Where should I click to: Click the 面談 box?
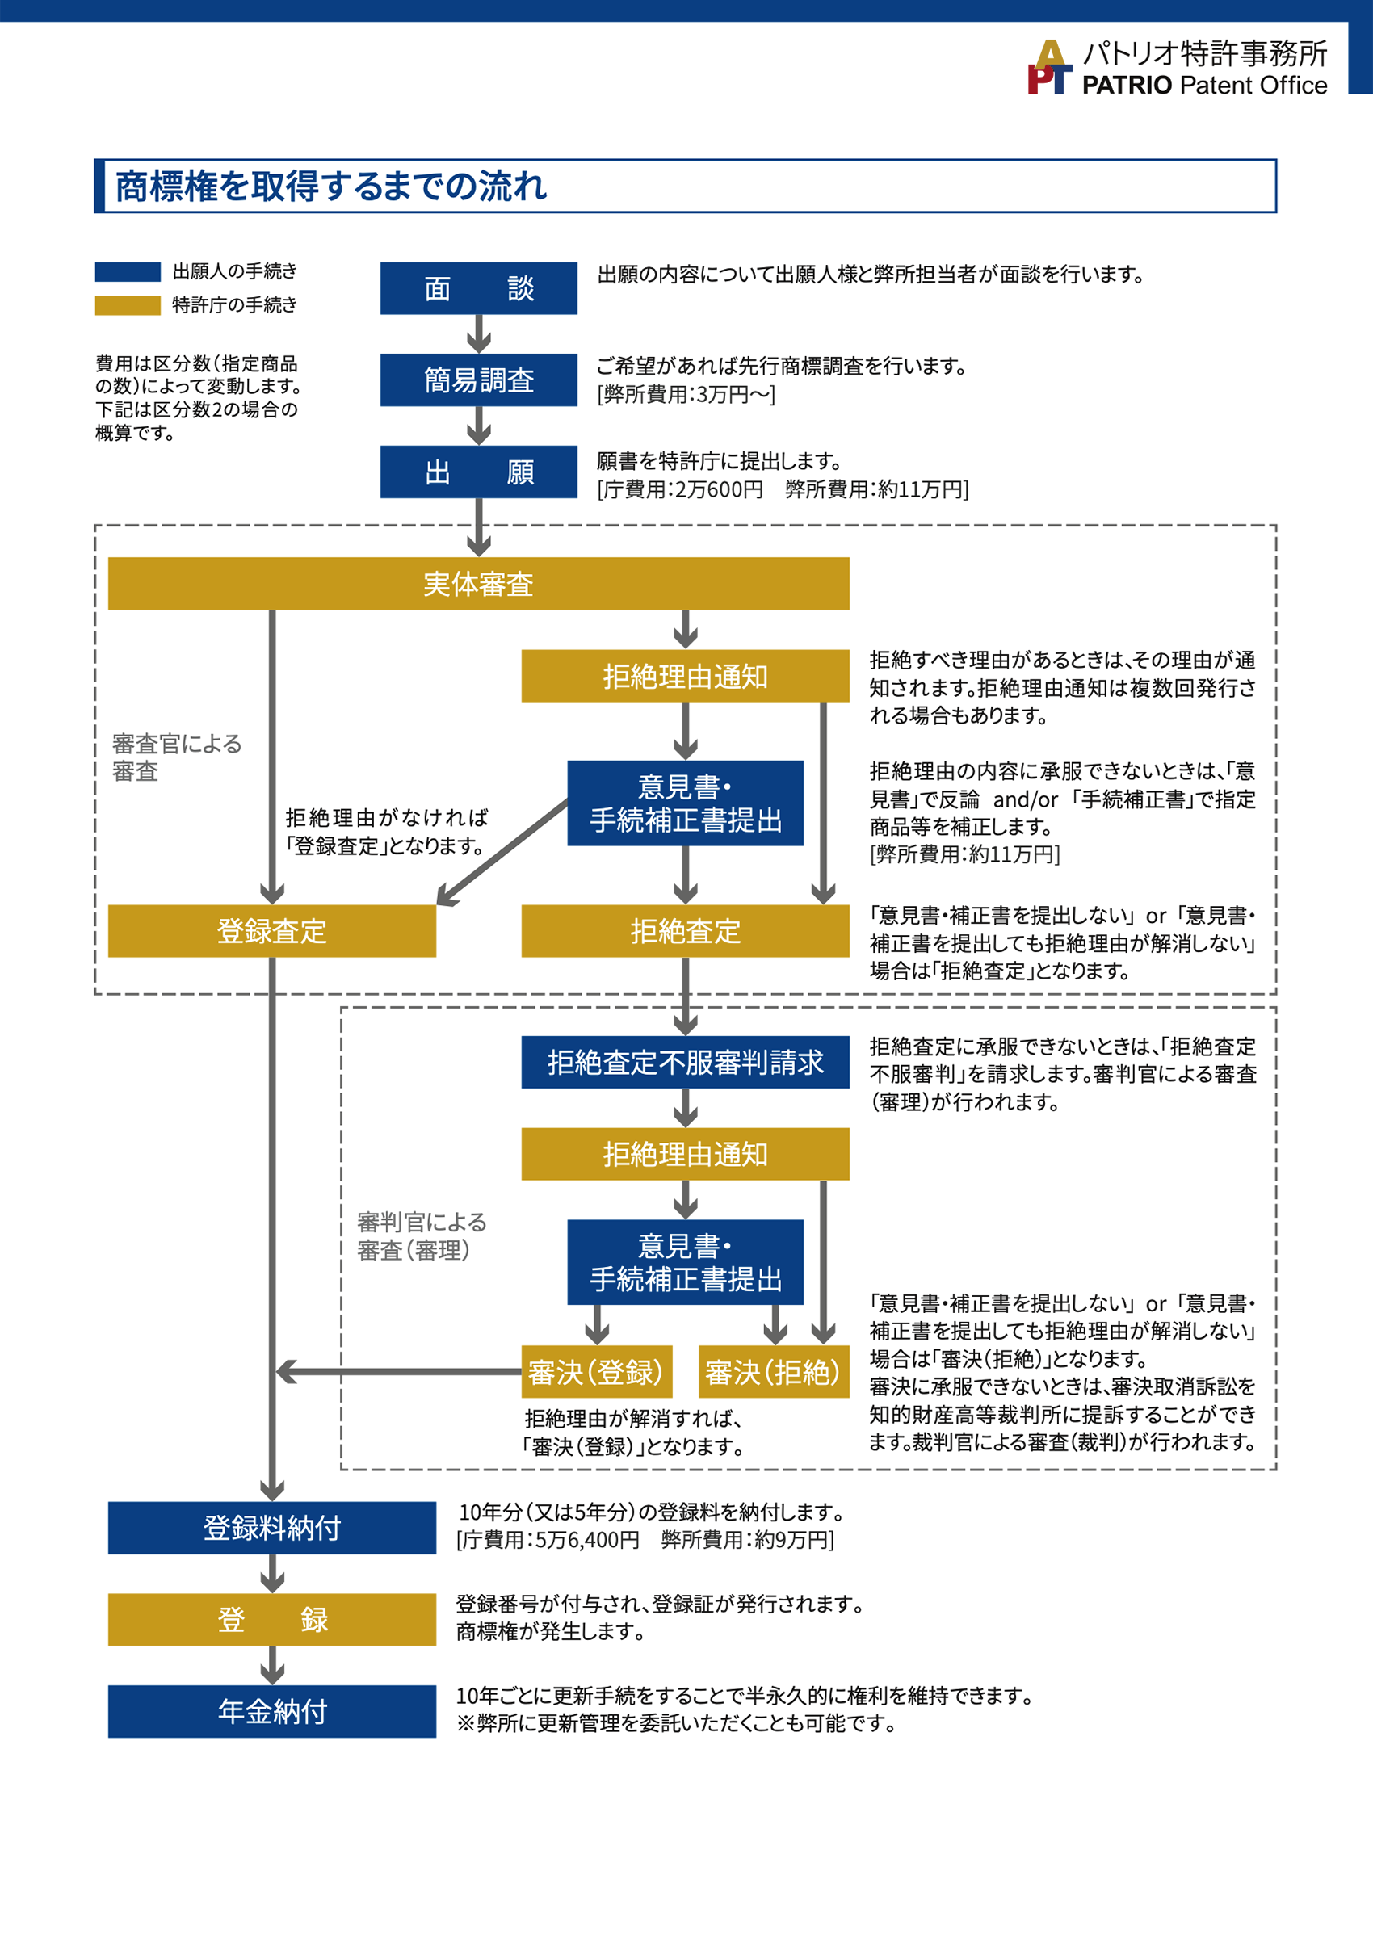pyautogui.click(x=478, y=288)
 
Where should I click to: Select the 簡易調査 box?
pyautogui.click(x=478, y=380)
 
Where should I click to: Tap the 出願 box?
pyautogui.click(x=478, y=472)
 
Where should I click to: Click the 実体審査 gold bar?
pyautogui.click(x=478, y=583)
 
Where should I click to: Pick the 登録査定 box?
pyautogui.click(x=271, y=930)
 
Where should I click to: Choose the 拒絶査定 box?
pyautogui.click(x=685, y=930)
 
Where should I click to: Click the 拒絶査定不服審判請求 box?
pyautogui.click(x=685, y=1062)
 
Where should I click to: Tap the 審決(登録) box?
pyautogui.click(x=596, y=1372)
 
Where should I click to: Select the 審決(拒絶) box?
pyautogui.click(x=773, y=1372)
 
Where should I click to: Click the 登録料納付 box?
pyautogui.click(x=271, y=1527)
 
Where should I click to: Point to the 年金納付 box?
pyautogui.click(x=271, y=1711)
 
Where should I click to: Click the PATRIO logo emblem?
pyautogui.click(x=1049, y=68)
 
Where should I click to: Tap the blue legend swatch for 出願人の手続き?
pyautogui.click(x=128, y=271)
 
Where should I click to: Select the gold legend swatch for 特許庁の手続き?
pyautogui.click(x=128, y=305)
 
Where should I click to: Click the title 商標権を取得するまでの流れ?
pyautogui.click(x=331, y=186)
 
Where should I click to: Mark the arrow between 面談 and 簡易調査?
pyautogui.click(x=478, y=333)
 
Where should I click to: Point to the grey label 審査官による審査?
pyautogui.click(x=177, y=757)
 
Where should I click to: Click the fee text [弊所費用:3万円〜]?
pyautogui.click(x=686, y=395)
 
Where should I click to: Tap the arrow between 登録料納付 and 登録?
pyautogui.click(x=271, y=1574)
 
